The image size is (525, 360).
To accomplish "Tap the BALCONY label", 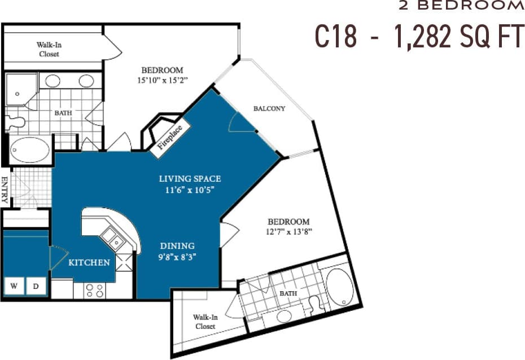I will point(269,108).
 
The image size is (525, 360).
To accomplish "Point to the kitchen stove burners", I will point(94,290).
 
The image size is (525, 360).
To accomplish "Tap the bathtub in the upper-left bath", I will point(29,150).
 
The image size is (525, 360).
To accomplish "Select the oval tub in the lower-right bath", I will point(339,287).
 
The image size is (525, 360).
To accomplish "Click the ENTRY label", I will point(5,190).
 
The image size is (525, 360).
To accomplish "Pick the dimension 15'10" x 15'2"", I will point(162,81).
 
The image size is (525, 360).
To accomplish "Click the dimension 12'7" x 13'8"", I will point(288,231).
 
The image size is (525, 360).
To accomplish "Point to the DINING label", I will point(177,246).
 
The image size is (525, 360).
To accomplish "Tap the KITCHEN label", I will point(89,262).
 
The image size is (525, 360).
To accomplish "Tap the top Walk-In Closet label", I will point(49,49).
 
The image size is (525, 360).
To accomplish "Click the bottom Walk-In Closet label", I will point(205,322).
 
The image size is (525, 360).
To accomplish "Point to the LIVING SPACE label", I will point(189,179).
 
